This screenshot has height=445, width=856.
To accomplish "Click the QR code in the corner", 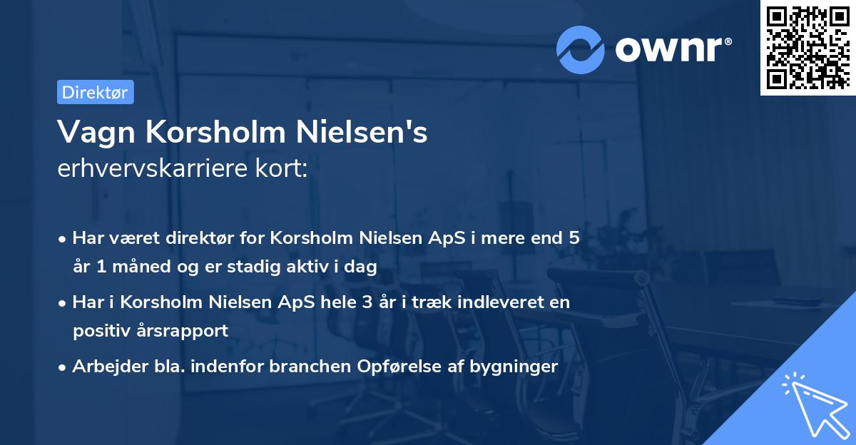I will coord(807,47).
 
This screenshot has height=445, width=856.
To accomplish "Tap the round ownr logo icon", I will coord(581,50).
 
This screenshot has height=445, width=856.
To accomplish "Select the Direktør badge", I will coord(95,92).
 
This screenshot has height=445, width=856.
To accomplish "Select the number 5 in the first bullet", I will coord(573,238).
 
